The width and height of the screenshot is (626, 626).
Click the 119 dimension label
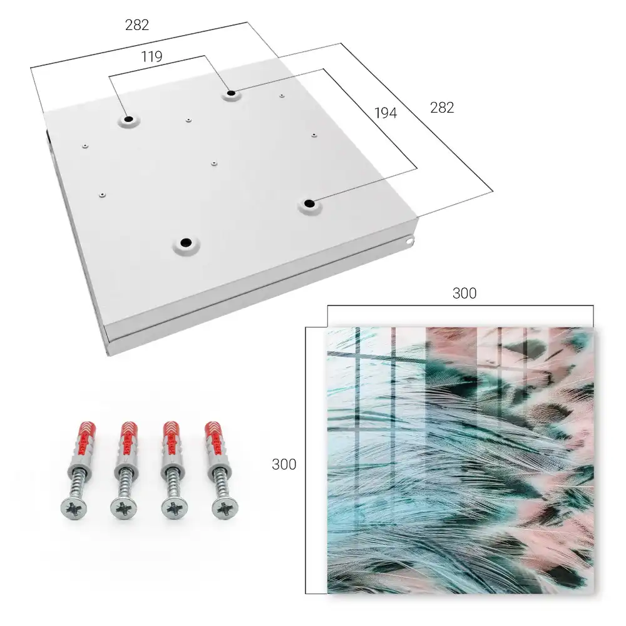(151, 57)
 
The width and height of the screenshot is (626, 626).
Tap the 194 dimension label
(386, 113)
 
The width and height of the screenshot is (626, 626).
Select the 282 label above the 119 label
(137, 25)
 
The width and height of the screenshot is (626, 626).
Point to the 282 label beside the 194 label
(442, 108)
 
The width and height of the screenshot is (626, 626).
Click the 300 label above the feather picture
(464, 294)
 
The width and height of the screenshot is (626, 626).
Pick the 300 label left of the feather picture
(284, 464)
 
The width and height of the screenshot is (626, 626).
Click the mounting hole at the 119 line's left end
(128, 120)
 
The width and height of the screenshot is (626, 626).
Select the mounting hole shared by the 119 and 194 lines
(231, 94)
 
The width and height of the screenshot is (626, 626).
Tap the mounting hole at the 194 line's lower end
(309, 203)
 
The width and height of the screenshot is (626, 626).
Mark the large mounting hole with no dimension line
(186, 242)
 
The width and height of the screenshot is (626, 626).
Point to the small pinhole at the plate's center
(214, 163)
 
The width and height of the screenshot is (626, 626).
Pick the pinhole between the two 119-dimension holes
(188, 120)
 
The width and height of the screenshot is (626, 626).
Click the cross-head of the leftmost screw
(74, 508)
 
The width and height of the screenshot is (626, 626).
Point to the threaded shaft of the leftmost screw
(78, 485)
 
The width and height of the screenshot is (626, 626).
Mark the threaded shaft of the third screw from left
(173, 485)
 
